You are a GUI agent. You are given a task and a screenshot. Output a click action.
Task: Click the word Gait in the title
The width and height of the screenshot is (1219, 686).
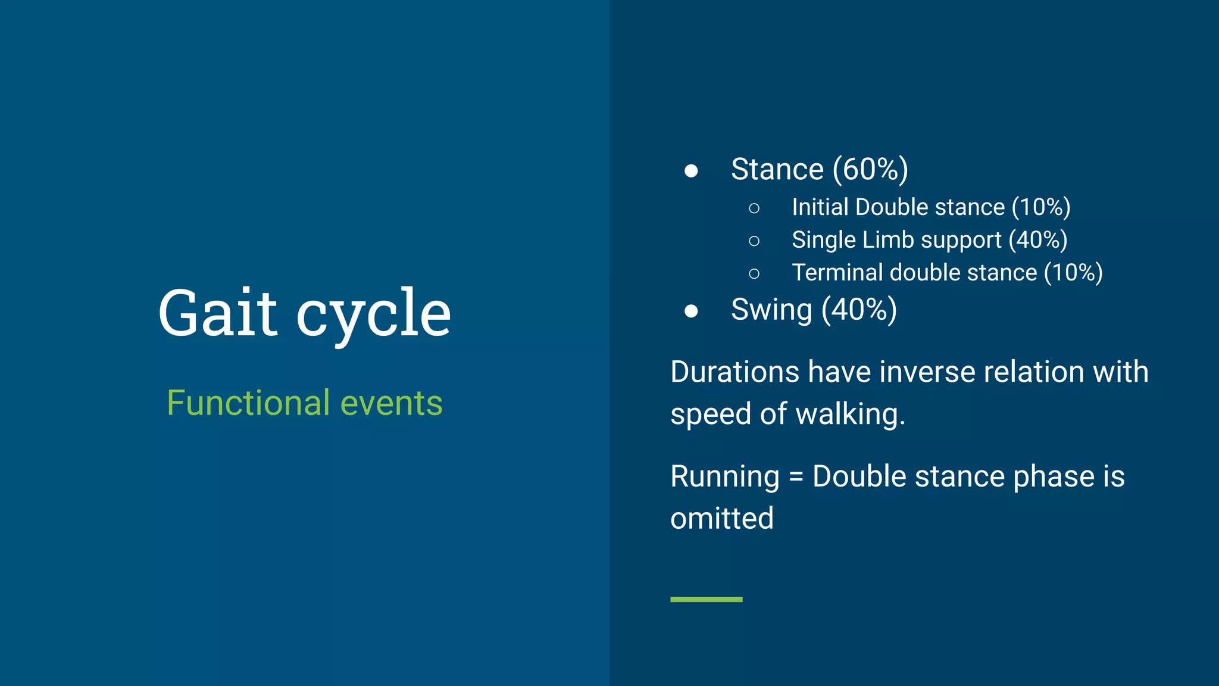click(217, 313)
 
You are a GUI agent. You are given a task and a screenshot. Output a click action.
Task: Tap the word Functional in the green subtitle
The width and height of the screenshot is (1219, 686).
click(248, 403)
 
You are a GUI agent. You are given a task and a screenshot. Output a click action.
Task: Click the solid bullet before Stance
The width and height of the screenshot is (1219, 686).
click(691, 171)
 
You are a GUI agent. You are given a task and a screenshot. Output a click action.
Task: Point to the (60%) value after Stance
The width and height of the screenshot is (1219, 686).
click(870, 169)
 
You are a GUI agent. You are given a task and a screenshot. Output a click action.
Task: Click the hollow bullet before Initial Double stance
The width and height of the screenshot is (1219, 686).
click(754, 208)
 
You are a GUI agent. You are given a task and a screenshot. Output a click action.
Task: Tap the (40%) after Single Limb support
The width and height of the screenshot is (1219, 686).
click(1037, 240)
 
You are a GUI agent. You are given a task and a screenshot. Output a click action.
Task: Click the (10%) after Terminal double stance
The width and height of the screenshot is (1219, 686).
click(1073, 273)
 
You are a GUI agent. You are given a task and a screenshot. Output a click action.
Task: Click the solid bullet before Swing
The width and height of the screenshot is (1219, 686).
click(691, 311)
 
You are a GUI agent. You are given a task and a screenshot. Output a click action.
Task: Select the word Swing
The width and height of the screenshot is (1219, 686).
click(771, 310)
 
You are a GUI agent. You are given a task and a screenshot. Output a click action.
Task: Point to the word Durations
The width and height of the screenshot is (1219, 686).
click(734, 372)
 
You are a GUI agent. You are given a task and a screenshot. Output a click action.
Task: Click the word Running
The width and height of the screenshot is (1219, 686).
click(724, 477)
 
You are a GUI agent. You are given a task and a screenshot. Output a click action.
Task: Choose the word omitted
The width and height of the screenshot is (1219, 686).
click(721, 518)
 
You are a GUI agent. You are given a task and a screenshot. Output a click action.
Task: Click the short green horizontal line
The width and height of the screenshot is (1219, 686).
click(706, 599)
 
